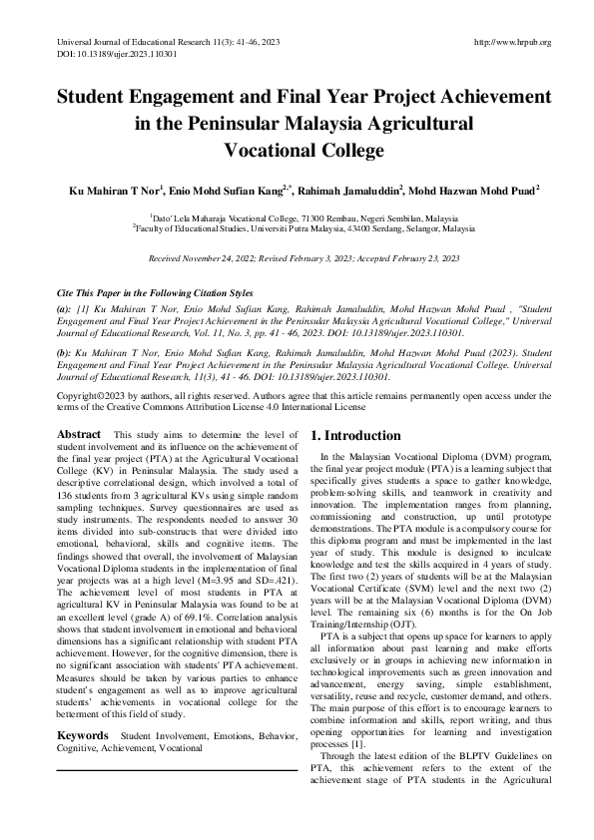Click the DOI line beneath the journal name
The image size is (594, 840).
[107, 56]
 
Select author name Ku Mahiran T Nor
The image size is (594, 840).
[116, 189]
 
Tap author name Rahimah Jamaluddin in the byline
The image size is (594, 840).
[369, 189]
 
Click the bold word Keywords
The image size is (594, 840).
[83, 735]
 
